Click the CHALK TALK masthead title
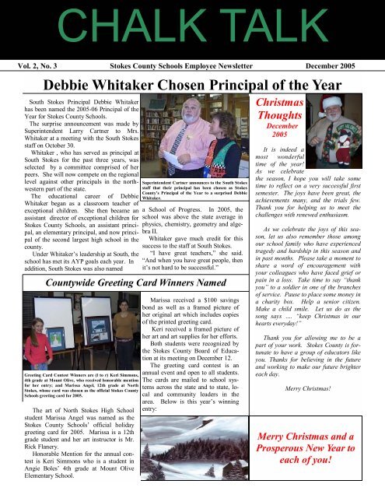tap(191, 26)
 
